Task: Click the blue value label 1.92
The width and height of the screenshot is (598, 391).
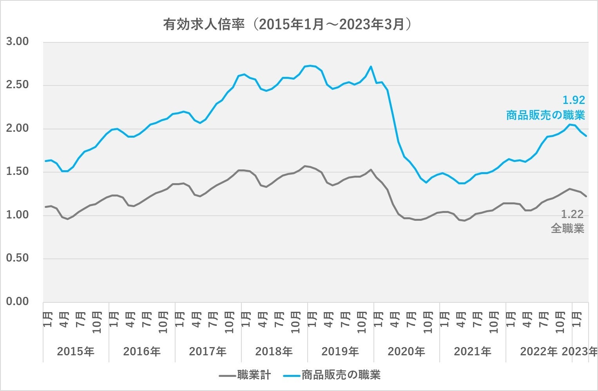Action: click(x=573, y=100)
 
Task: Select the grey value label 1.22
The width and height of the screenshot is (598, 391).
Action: click(x=572, y=214)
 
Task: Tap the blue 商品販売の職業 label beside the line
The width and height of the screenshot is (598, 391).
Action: click(x=545, y=115)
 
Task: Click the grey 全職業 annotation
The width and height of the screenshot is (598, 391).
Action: click(x=567, y=228)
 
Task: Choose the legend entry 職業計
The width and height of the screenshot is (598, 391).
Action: click(x=254, y=375)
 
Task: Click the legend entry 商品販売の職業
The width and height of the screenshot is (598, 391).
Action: click(x=341, y=375)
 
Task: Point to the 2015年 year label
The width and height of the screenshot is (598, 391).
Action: click(x=76, y=351)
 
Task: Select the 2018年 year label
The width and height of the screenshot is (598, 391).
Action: click(x=274, y=351)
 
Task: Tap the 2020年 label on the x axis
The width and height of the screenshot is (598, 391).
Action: click(x=406, y=351)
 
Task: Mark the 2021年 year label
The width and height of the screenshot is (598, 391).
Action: click(x=473, y=351)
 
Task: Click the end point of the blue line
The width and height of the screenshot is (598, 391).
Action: click(x=586, y=136)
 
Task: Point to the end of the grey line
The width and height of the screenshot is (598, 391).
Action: click(x=586, y=196)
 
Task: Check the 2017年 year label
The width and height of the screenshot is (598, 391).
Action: click(x=208, y=351)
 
